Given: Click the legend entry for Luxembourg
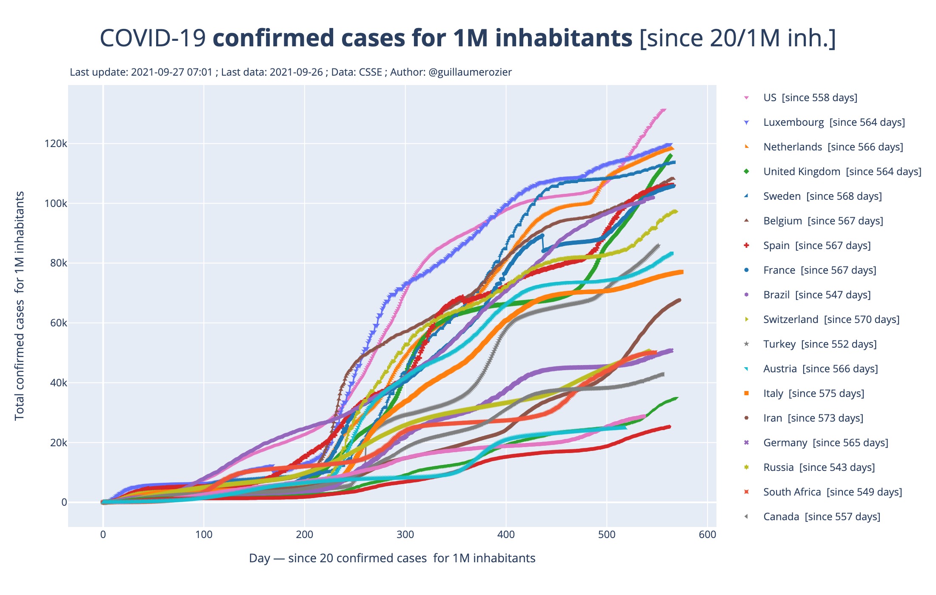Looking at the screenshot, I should (x=834, y=122).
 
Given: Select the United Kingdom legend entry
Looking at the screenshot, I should (x=842, y=172).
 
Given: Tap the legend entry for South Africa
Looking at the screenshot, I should (x=832, y=492).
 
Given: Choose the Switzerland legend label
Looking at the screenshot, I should (x=831, y=320).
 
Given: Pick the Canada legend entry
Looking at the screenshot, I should (x=822, y=517).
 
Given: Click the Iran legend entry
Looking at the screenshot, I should (x=813, y=418).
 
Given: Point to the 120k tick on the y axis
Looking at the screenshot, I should (x=56, y=144).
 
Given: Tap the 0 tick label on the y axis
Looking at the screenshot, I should (x=64, y=502).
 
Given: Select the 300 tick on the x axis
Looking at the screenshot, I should (x=405, y=535).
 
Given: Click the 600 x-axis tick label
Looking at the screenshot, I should (x=707, y=535).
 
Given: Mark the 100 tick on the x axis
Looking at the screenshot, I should (x=204, y=535).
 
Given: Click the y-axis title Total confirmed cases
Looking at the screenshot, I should (x=20, y=306).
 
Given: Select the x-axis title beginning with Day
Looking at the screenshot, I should (x=392, y=558).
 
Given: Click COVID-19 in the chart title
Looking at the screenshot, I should (x=153, y=38).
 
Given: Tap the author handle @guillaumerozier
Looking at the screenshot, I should (x=470, y=72).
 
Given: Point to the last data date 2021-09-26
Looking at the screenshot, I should (x=296, y=72).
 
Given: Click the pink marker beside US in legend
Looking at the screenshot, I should (x=746, y=98).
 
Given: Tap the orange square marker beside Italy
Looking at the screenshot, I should (x=746, y=394).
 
